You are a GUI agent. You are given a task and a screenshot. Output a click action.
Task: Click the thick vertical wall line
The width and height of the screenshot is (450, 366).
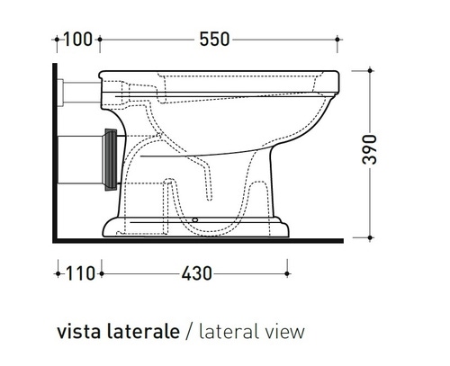point(56,153)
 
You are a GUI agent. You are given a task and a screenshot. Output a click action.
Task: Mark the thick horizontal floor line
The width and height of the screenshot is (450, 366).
point(198,241)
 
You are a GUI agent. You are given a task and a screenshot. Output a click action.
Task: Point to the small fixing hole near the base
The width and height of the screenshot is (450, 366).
point(196,219)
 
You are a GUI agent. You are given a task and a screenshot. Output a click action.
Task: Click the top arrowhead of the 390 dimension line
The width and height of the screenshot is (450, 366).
point(369,70)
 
